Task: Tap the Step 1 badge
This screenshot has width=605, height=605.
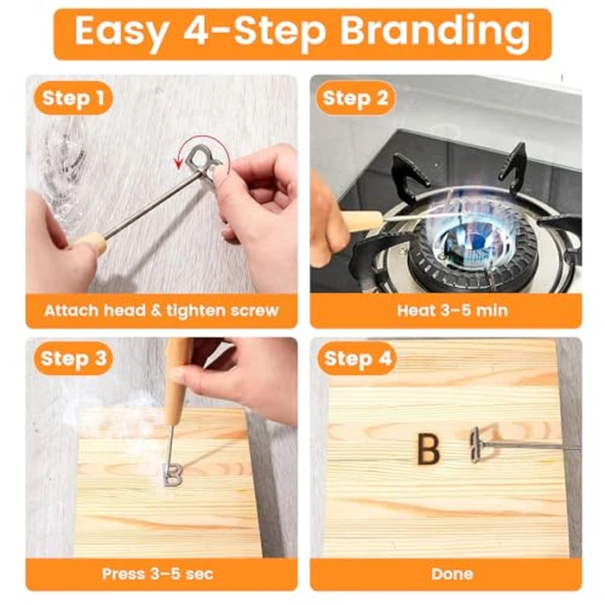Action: click(75, 98)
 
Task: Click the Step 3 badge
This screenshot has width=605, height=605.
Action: click(75, 358)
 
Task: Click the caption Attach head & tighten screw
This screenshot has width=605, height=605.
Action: click(161, 309)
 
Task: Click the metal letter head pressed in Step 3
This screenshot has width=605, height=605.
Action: click(172, 473)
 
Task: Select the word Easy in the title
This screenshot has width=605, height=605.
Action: click(122, 32)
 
